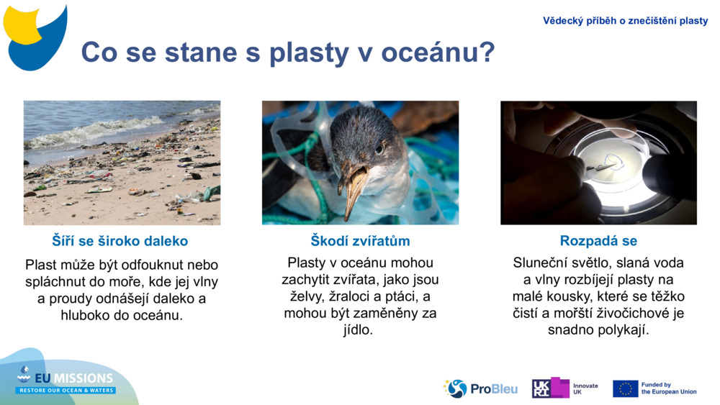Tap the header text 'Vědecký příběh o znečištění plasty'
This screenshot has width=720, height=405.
625,21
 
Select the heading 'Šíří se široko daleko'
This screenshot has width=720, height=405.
120,241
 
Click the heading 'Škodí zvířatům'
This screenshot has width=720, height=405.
360,241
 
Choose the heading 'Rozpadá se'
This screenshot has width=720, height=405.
598,241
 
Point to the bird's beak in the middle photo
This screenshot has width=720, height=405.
354,188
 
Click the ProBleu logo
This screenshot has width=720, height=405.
480,388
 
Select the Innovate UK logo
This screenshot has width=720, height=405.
565,388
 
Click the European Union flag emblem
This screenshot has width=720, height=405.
625,388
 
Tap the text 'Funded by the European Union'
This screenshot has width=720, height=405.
669,388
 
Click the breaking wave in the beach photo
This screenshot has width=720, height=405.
86,133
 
